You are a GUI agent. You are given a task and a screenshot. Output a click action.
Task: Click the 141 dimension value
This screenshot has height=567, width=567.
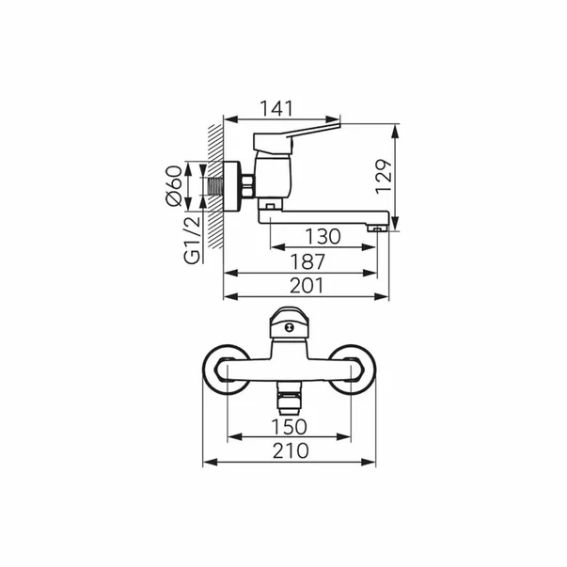pyautogui.click(x=276, y=109)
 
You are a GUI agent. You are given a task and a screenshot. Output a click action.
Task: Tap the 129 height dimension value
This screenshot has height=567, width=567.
pyautogui.click(x=384, y=177)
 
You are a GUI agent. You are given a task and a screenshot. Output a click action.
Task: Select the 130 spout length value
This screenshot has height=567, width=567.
pyautogui.click(x=323, y=237)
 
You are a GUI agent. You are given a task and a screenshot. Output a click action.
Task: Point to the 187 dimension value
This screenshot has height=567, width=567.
pyautogui.click(x=307, y=261)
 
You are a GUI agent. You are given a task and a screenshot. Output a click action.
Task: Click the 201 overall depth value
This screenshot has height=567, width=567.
pyautogui.click(x=307, y=286)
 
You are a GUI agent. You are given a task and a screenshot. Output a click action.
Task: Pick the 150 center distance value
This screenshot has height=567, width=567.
pyautogui.click(x=290, y=427)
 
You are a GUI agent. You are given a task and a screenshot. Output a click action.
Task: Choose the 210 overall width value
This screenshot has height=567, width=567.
pyautogui.click(x=291, y=451)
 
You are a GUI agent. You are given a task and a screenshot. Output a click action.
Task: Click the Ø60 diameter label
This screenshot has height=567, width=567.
pyautogui.click(x=174, y=186)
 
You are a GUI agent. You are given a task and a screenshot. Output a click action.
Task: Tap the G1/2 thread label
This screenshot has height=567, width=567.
pyautogui.click(x=192, y=241)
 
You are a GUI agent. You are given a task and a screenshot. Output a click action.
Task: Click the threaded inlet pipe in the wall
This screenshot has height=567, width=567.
pyautogui.click(x=216, y=186)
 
